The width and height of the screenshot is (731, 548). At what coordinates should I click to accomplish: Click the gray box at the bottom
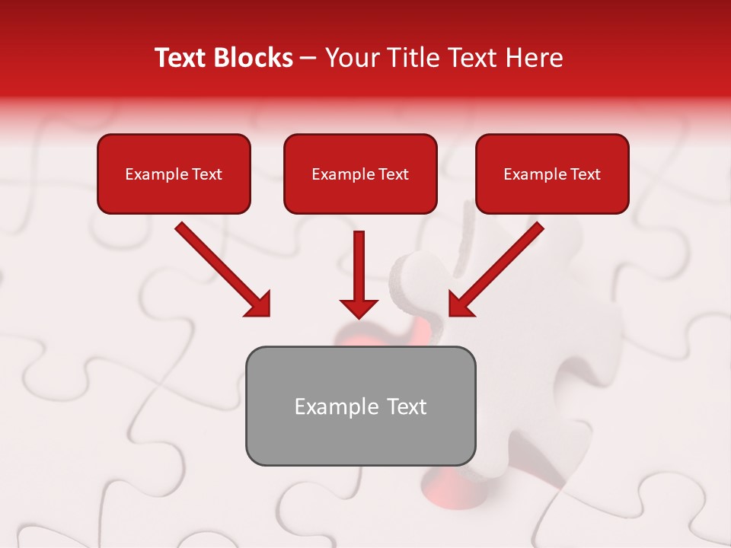tap(360, 438)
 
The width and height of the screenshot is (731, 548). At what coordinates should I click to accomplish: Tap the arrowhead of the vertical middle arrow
tap(359, 307)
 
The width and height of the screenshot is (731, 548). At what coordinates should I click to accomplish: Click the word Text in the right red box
tap(585, 174)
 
